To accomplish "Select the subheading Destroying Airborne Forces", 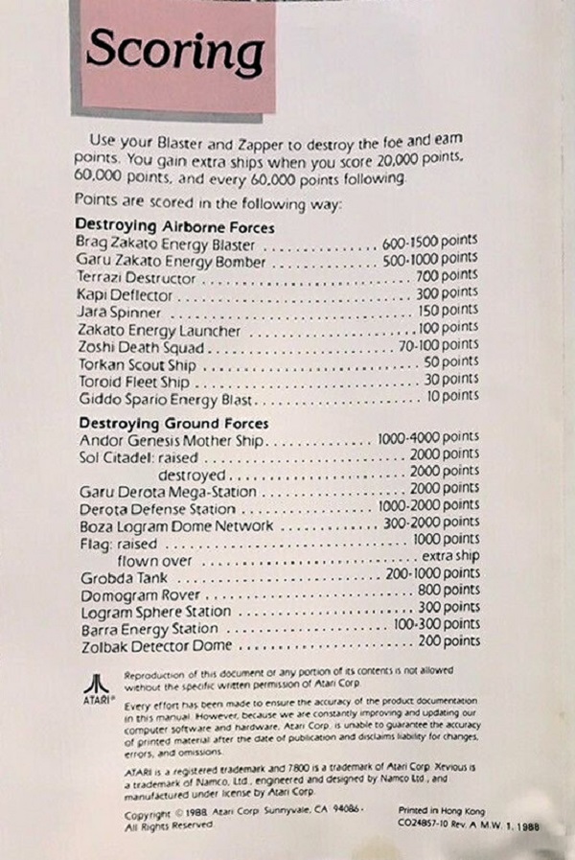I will pos(174,227).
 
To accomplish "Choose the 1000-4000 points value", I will pos(428,437).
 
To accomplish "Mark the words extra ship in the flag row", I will pos(450,557).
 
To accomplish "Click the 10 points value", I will pos(453,395).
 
